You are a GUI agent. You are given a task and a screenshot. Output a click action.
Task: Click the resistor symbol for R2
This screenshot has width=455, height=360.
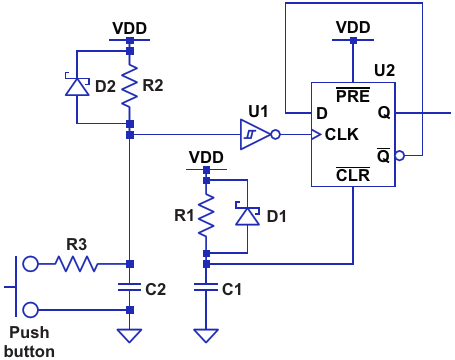130,86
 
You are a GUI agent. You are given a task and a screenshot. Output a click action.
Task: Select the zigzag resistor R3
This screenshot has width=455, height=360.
76,264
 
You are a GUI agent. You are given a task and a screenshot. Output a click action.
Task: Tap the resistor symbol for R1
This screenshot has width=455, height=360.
206,216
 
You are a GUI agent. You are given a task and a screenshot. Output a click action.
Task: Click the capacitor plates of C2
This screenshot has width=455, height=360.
130,287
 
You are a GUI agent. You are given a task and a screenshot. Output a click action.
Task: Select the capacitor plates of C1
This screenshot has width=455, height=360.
206,287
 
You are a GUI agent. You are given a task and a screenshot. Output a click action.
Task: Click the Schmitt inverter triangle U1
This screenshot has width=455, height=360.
255,135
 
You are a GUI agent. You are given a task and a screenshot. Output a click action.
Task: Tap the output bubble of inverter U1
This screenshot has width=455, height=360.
275,135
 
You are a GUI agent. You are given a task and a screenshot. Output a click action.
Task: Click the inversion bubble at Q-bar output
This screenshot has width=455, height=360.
400,155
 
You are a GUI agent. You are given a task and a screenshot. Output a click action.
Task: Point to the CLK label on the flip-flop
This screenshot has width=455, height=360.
342,135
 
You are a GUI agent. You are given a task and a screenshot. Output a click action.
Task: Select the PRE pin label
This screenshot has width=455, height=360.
353,95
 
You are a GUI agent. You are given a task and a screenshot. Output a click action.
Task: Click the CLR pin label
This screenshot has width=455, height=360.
353,175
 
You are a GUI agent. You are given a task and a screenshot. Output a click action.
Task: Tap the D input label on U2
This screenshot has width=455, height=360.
322,114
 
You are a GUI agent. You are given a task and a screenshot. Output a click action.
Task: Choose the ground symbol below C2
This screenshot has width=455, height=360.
130,336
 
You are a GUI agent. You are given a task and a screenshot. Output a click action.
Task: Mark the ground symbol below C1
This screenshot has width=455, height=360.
206,336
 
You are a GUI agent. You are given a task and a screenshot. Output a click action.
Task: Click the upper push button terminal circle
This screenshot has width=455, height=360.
30,264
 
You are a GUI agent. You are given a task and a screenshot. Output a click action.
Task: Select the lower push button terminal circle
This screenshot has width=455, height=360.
30,310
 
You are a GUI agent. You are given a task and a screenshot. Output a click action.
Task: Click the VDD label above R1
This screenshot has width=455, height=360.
206,157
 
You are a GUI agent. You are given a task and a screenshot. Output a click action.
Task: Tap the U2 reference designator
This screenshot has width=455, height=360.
385,70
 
